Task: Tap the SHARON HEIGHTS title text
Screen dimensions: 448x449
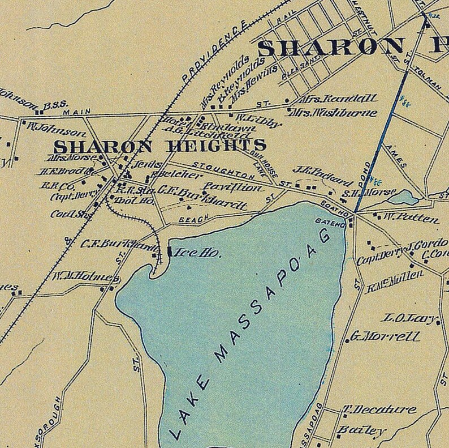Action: (x=159, y=146)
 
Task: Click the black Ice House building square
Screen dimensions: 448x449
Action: (x=170, y=251)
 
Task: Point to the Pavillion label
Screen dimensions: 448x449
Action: (x=233, y=186)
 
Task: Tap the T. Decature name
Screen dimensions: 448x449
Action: (x=379, y=410)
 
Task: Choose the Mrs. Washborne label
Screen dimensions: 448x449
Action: (x=334, y=113)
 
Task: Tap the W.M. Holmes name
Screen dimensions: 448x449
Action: (x=85, y=278)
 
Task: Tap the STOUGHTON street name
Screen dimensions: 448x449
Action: (x=217, y=168)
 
